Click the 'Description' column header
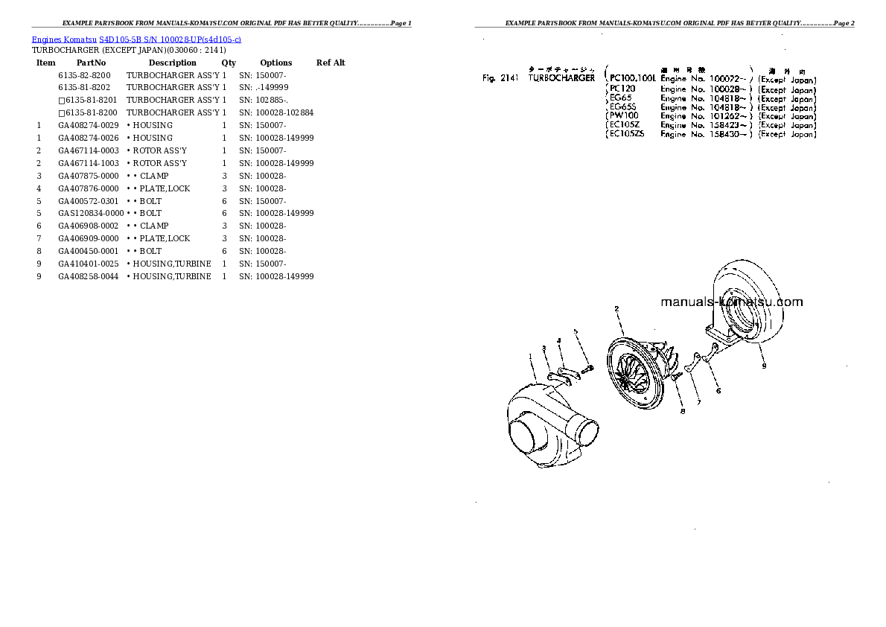[x=172, y=63]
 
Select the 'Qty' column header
[x=229, y=63]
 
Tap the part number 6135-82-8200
[x=84, y=76]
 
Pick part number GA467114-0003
[x=89, y=150]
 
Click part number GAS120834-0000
[x=91, y=213]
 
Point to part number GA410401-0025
[x=89, y=264]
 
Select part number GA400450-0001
[x=89, y=251]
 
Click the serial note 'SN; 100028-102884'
[x=276, y=112]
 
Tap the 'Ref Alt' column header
[x=331, y=63]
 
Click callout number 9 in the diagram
[x=764, y=366]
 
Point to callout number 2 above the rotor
[x=616, y=308]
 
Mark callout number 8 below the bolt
[x=682, y=410]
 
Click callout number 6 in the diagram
[x=718, y=389]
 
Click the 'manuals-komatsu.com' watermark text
[x=731, y=302]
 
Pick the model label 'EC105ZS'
[x=627, y=135]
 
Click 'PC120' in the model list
[x=622, y=89]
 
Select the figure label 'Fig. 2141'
[x=500, y=78]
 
